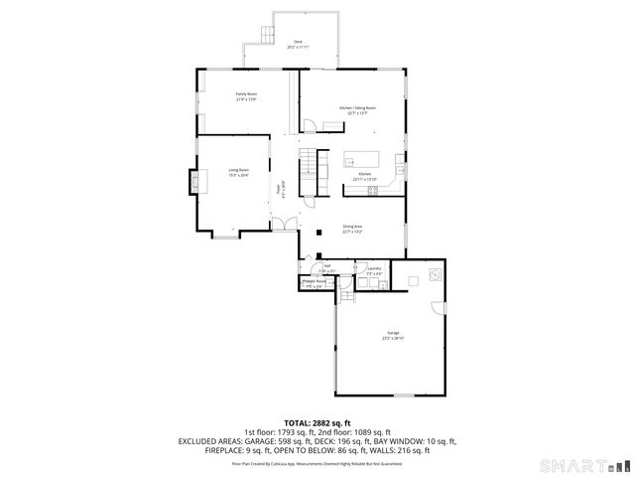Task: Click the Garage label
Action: (393, 335)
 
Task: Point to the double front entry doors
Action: (284, 228)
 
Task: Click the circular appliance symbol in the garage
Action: (434, 274)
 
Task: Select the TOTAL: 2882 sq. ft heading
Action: (317, 422)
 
